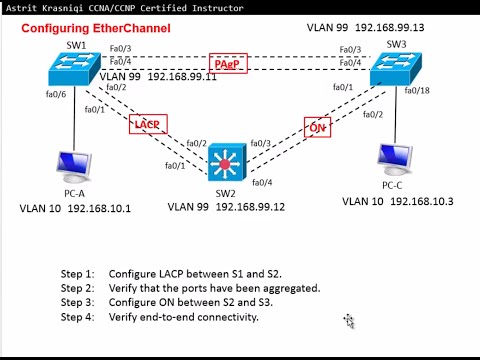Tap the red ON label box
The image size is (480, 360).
[x=316, y=127]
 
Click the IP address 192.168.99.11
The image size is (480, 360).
[x=182, y=76]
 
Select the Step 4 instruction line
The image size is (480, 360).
[x=159, y=316]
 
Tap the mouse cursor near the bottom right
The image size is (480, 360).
[x=349, y=321]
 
